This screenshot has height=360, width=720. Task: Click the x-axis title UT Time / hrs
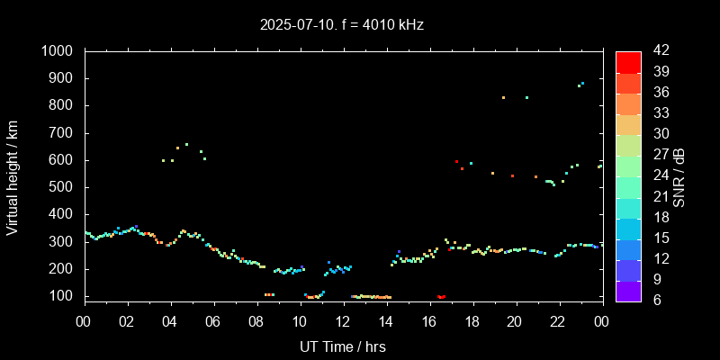click(343, 346)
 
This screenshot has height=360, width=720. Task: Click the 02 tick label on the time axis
click(128, 322)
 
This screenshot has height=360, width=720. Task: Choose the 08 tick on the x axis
click(256, 322)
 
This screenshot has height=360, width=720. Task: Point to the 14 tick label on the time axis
click(386, 322)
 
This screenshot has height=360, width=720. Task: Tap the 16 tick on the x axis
click(429, 322)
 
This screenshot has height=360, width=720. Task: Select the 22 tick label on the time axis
click(558, 322)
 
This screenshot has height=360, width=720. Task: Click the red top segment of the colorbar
click(628, 61)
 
